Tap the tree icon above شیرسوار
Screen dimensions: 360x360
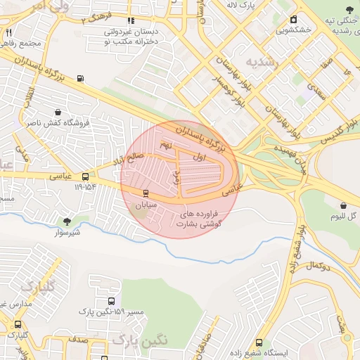coord(67,221)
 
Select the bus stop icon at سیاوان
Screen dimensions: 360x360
coord(146,193)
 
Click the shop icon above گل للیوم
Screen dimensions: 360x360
coord(342,205)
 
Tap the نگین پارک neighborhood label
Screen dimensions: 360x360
coord(140,340)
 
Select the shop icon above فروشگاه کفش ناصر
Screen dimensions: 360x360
coord(57,112)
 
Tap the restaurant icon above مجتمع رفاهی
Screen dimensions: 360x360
coord(8,32)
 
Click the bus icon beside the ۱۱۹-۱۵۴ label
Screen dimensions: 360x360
coord(85,177)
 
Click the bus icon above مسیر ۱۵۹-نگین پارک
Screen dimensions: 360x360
coord(111,301)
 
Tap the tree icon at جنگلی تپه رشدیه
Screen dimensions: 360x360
coord(349,10)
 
